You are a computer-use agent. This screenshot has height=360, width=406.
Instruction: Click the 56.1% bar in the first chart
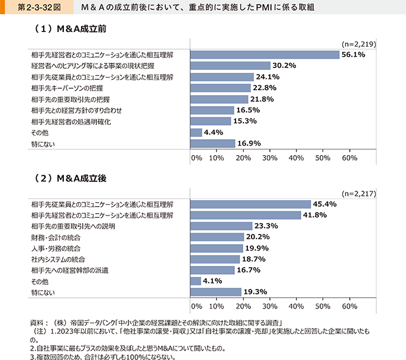pyautogui.click(x=265, y=54)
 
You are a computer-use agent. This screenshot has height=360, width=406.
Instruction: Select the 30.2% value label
pyautogui.click(x=285, y=66)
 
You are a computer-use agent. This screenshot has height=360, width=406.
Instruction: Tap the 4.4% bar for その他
pyautogui.click(x=196, y=132)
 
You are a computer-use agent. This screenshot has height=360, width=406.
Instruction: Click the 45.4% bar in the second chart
pyautogui.click(x=250, y=204)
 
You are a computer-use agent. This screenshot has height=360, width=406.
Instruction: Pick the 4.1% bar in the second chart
pyautogui.click(x=196, y=281)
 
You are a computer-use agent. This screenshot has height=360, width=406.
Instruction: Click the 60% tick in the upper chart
pyautogui.click(x=349, y=158)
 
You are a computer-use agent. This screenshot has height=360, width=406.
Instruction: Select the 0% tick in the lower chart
pyautogui.click(x=196, y=307)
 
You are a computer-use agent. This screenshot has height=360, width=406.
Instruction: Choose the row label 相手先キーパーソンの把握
pyautogui.click(x=67, y=88)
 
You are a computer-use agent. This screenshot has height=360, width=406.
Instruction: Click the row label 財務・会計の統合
pyautogui.click(x=56, y=237)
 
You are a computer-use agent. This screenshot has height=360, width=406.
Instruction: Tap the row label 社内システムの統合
pyautogui.click(x=58, y=259)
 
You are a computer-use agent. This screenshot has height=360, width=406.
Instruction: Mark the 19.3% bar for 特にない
pyautogui.click(x=216, y=292)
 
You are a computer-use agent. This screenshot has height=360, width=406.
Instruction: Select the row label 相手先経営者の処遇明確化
pyautogui.click(x=71, y=121)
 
